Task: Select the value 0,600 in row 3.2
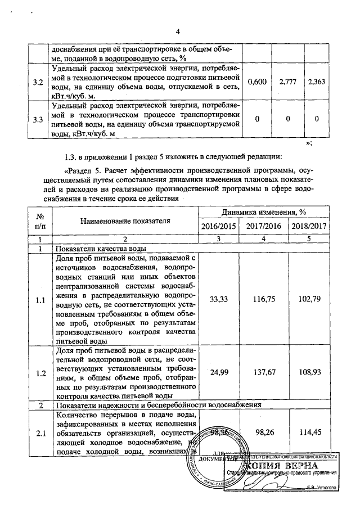click(x=257, y=83)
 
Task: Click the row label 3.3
click(x=38, y=119)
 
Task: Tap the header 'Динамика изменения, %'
click(x=263, y=213)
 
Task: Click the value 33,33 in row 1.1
click(x=219, y=300)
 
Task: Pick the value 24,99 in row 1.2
click(x=219, y=373)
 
